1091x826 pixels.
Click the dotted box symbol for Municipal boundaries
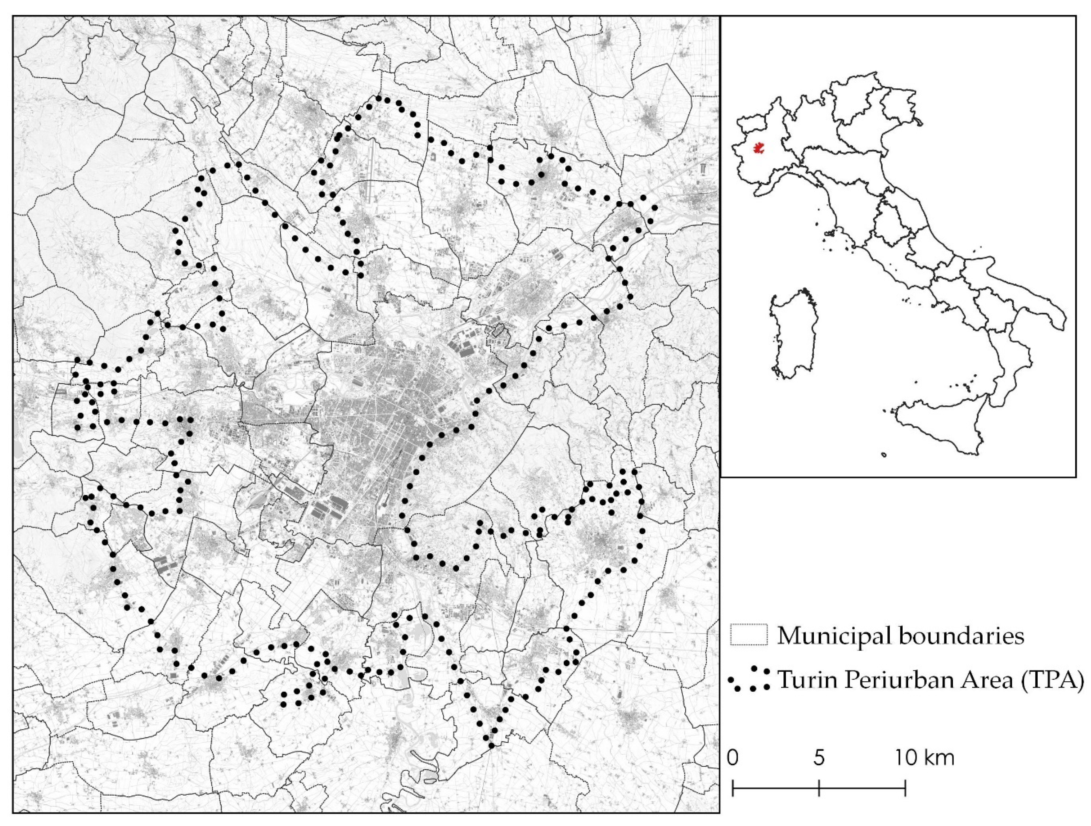(x=749, y=635)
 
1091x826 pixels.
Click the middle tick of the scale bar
(x=819, y=788)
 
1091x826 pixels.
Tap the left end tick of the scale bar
(x=733, y=788)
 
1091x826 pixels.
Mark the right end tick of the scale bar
(x=905, y=788)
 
